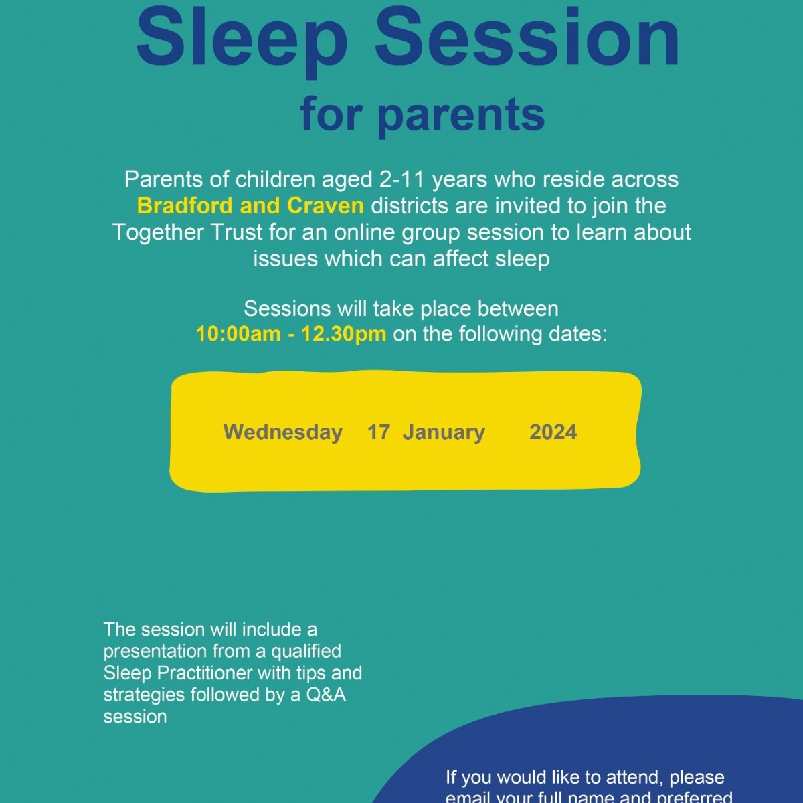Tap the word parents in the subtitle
pos(461,115)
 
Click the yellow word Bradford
pos(185,205)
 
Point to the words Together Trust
pos(187,232)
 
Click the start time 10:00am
pos(238,334)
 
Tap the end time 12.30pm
pos(343,334)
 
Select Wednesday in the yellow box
pos(282,432)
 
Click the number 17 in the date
pos(378,432)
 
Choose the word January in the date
pos(444,432)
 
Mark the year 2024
pos(553,432)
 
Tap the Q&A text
pos(326,695)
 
